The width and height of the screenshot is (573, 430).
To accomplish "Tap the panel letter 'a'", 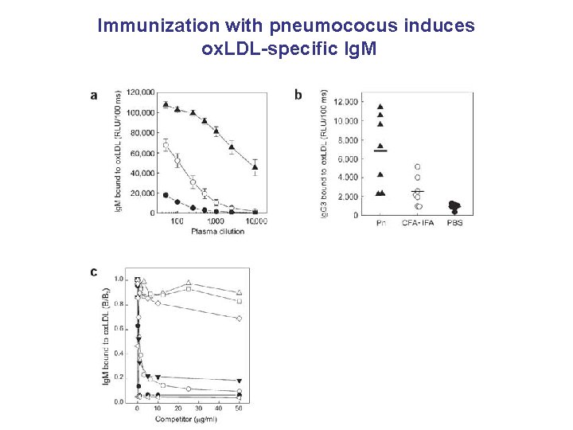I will pos(95,95).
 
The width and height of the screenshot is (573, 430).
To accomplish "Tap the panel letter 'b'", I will pos(298,95).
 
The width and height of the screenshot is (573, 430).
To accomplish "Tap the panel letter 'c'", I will pos(95,272).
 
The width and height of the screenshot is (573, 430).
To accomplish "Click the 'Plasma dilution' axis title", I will pos(217,231).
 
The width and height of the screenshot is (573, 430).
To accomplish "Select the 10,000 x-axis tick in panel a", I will pos(255,221).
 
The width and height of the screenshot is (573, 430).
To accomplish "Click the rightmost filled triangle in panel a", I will pos(255,166).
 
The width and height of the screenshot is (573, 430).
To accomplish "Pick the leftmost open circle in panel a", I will pos(166,145).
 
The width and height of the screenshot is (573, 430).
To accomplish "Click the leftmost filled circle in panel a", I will pos(166,195).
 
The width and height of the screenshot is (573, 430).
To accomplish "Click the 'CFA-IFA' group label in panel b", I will pos(417,223).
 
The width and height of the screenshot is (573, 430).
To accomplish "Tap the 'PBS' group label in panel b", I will pos(454,223).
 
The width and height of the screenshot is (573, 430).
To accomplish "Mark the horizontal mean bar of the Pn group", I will pos(380,150).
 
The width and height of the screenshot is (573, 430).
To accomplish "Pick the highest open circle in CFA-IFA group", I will pos(417,167).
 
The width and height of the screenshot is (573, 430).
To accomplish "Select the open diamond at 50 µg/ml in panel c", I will pos(240,319).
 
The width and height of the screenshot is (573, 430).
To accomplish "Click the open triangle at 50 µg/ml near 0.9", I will pos(240,292).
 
